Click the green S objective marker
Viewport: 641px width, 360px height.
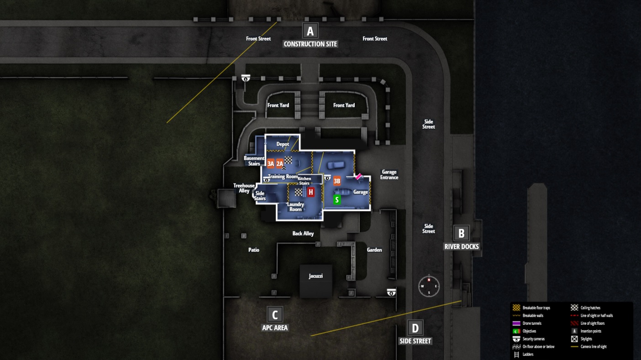[337, 199]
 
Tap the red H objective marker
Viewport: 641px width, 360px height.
[311, 192]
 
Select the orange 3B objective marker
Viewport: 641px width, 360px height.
[337, 181]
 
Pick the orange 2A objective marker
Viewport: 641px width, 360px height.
[279, 163]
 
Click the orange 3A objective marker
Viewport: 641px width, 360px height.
[271, 163]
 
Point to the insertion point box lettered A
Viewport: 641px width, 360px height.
[310, 31]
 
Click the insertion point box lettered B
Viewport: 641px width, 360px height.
[461, 233]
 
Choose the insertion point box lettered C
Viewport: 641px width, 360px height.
[274, 314]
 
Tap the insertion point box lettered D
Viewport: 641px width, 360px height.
[415, 328]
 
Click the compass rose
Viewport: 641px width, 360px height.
[429, 286]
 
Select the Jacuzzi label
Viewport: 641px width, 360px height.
[315, 276]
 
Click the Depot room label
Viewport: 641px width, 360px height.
[283, 144]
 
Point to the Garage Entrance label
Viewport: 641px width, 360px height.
[389, 175]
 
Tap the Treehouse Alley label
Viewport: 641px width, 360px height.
[244, 188]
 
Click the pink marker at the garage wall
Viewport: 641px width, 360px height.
[359, 176]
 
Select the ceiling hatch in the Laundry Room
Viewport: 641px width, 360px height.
[299, 192]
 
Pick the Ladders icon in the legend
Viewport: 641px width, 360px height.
[517, 354]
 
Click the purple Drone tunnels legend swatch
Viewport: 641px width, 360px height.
[516, 323]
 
